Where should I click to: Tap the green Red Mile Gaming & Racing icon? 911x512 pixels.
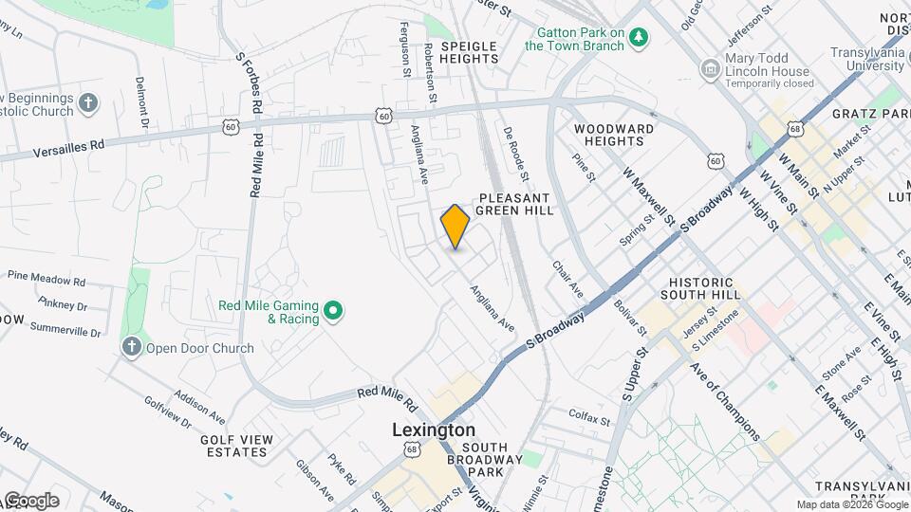(333, 310)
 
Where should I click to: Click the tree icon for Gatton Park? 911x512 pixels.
(641, 38)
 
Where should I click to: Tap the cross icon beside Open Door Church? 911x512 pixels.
(131, 348)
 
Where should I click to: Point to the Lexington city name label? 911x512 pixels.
(434, 430)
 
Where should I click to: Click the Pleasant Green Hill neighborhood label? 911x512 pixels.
(514, 203)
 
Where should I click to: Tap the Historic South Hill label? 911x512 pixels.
(701, 289)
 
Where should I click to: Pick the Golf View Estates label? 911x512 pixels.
(236, 446)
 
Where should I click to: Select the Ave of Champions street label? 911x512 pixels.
(725, 402)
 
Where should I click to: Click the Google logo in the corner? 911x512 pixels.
(30, 501)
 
